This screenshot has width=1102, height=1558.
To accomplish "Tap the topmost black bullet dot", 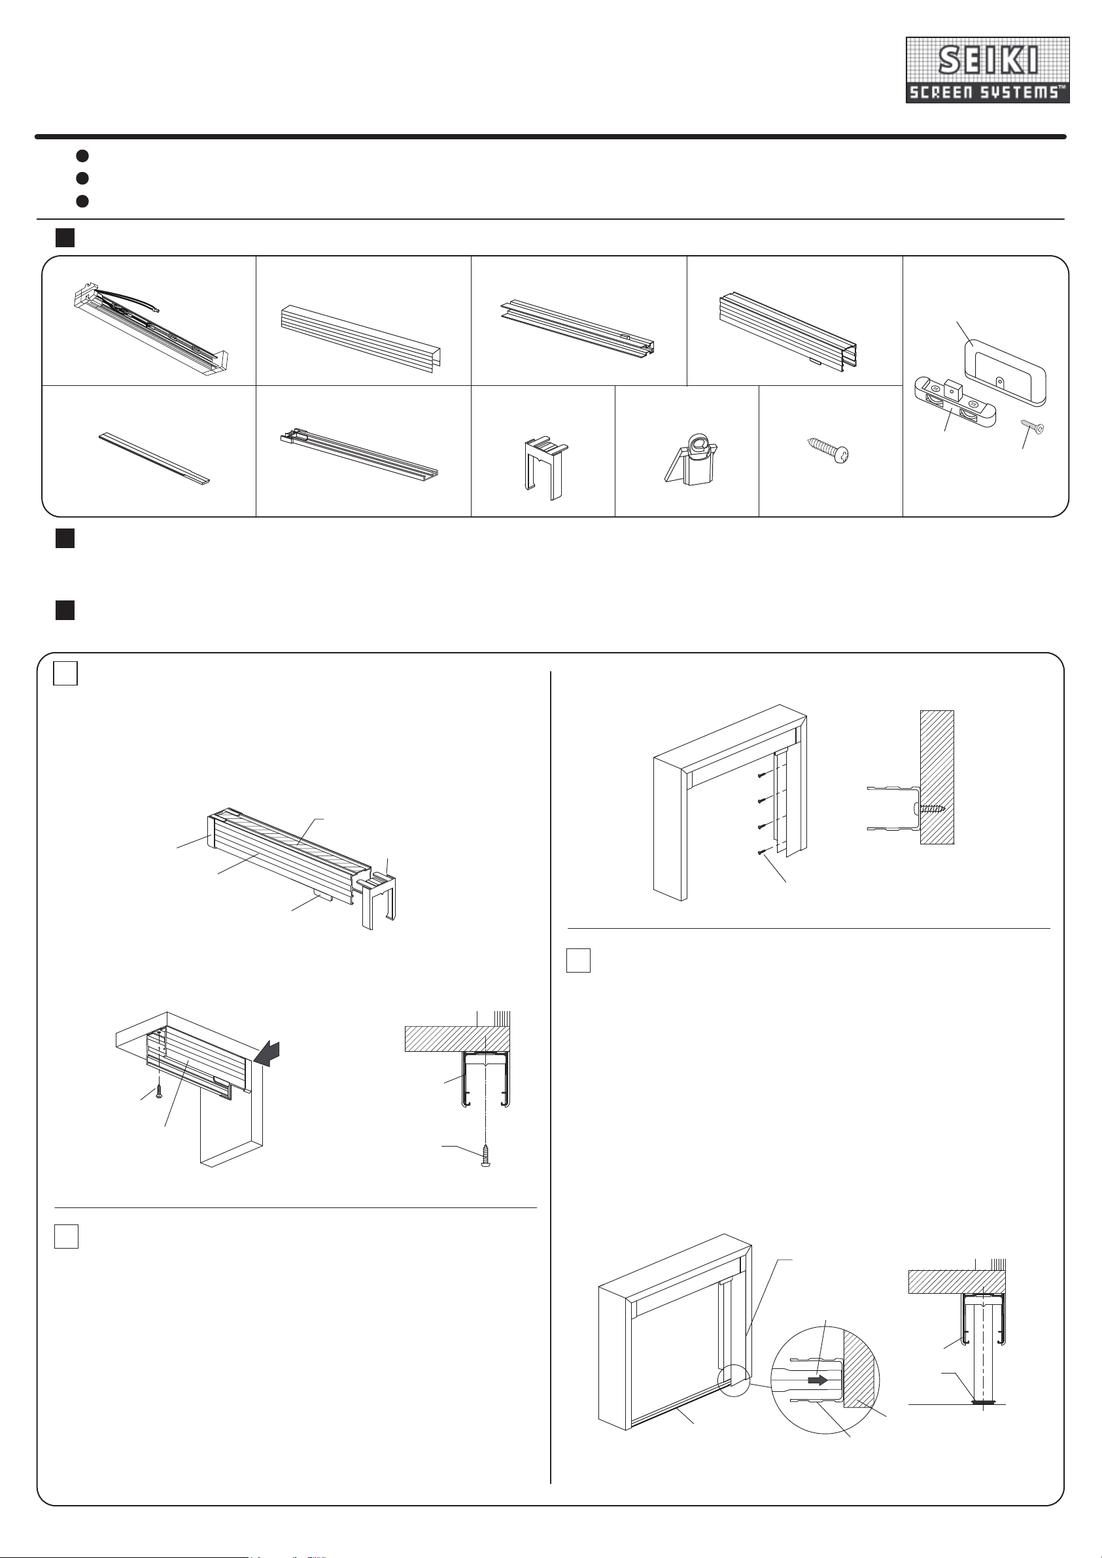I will click(82, 156).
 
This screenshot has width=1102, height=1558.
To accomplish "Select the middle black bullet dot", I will click(82, 179).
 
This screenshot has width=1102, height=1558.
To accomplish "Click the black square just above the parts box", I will click(65, 237).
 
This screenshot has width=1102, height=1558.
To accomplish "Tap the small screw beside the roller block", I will click(1032, 426).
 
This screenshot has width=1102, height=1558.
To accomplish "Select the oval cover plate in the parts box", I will click(1005, 373).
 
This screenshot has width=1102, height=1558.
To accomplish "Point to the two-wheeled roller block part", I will click(954, 404).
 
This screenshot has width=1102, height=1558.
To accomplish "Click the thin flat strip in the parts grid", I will click(155, 459).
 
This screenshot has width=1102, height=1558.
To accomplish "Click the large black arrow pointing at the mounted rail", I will click(267, 1054).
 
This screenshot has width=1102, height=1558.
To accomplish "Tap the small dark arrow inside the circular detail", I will click(817, 1380).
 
